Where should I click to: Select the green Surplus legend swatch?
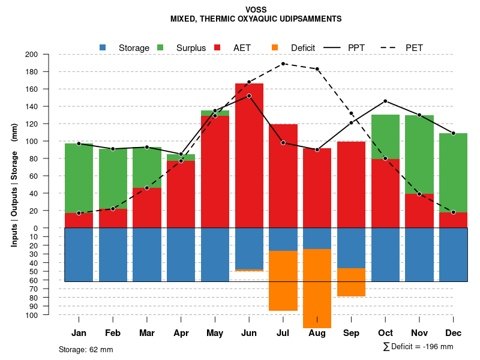coord(160,47)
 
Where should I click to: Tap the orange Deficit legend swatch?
coord(275,47)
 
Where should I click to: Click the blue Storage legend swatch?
coord(103,47)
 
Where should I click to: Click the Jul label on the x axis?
coord(283,333)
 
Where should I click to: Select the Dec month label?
coord(454,333)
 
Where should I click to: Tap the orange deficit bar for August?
coord(317,288)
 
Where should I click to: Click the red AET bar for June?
coord(249,156)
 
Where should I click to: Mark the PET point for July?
coord(283,64)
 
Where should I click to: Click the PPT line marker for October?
coord(385,101)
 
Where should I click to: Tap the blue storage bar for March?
coord(147,254)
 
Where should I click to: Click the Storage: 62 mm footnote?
coord(86,349)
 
